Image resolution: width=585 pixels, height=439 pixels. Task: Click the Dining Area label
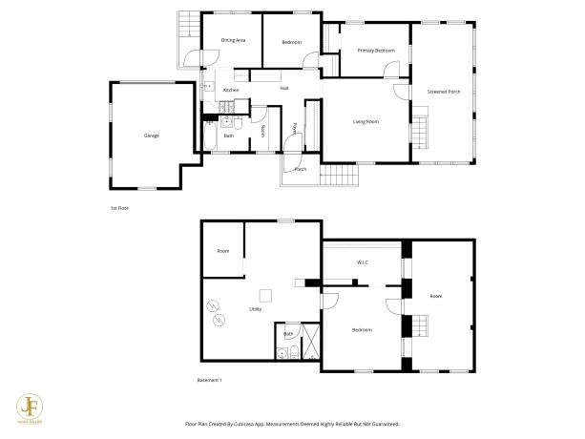(234, 40)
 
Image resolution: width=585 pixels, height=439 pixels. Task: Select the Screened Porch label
(444, 92)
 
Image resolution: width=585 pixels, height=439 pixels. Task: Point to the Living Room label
(366, 121)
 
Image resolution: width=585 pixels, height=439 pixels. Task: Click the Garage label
(151, 136)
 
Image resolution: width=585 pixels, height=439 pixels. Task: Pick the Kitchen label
(230, 90)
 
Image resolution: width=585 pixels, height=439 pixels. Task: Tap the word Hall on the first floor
(284, 89)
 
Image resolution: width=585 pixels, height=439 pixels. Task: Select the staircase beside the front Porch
(336, 175)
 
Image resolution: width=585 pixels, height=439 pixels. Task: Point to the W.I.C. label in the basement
(364, 262)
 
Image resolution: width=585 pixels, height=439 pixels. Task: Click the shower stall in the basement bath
(309, 337)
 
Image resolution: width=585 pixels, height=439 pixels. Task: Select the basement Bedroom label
(362, 330)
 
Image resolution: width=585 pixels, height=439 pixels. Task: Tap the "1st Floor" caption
(120, 206)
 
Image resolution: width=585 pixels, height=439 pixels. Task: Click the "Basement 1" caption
(209, 381)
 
